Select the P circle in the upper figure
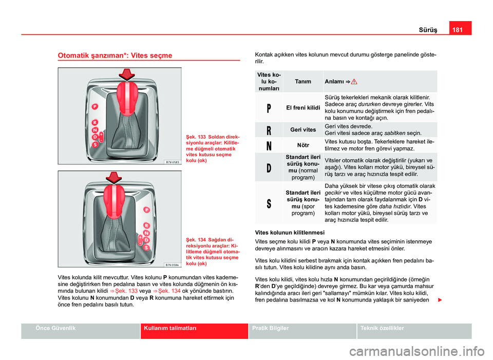point(94,107)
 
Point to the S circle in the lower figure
point(146,248)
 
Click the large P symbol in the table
point(269,108)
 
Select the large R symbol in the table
point(269,130)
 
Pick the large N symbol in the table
point(269,145)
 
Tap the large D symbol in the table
point(269,167)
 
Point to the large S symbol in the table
point(269,202)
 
